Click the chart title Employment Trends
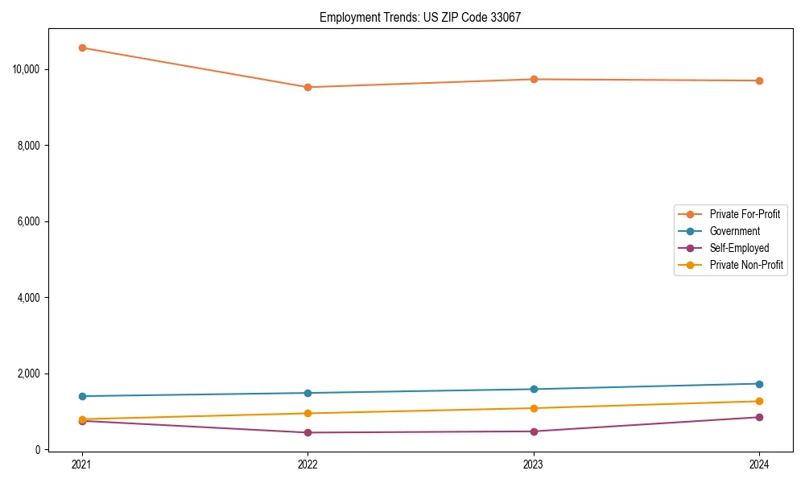[419, 17]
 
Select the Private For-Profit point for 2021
[82, 47]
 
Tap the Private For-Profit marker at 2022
[308, 87]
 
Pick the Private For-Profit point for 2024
[759, 80]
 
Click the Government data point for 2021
[82, 396]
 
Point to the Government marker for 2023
[534, 389]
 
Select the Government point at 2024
[759, 384]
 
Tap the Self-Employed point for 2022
[308, 432]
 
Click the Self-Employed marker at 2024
[759, 417]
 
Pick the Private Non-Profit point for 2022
[308, 413]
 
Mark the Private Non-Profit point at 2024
[759, 401]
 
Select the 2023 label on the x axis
[534, 464]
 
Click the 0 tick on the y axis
[37, 450]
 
